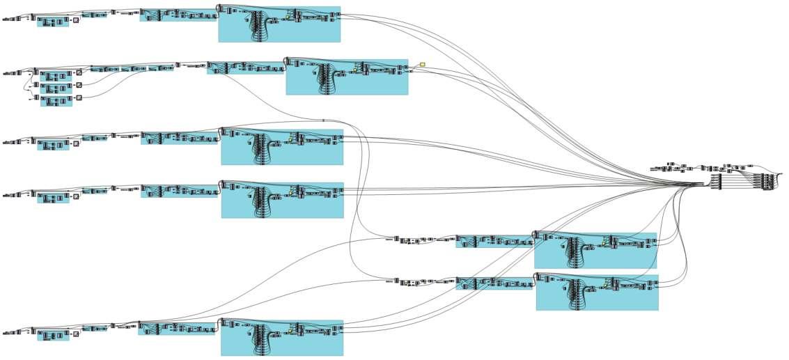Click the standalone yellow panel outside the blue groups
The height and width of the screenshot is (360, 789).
point(422,65)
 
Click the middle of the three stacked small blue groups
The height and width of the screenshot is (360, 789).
point(56,88)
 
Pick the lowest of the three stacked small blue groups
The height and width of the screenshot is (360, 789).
point(56,101)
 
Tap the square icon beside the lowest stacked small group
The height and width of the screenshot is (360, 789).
point(79,97)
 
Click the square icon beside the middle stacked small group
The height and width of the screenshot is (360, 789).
point(79,85)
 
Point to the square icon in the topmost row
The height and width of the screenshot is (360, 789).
point(76,20)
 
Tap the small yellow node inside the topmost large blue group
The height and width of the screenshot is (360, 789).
point(288,17)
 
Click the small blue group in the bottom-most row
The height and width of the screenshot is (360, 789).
point(53,336)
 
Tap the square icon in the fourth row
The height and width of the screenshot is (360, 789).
point(76,196)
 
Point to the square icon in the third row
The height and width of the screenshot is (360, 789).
point(76,143)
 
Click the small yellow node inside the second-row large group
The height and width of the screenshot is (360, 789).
point(354,70)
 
